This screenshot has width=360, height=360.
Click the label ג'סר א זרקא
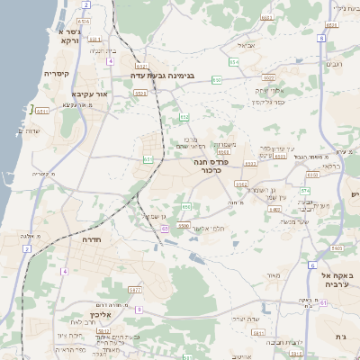[67, 36]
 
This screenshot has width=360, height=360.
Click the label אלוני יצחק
[271, 91]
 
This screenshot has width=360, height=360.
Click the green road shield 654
[217, 80]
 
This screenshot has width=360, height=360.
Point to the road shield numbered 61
[323, 303]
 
